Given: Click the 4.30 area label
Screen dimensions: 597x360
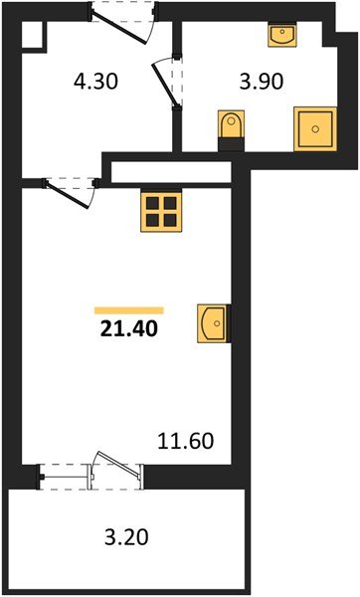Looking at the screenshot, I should point(97,82).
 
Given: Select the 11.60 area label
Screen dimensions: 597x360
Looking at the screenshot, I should point(188,438).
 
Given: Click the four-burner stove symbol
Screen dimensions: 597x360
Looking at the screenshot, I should point(160,210).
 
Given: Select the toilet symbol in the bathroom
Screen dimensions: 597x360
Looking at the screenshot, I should point(231,129).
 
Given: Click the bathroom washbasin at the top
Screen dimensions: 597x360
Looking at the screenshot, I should point(284,38).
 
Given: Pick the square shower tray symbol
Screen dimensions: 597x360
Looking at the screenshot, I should point(314,128).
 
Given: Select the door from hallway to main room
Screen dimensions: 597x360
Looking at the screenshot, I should point(69,191).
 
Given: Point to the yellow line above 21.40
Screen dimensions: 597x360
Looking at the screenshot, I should point(129,309).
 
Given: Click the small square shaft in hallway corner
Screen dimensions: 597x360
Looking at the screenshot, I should point(31,37).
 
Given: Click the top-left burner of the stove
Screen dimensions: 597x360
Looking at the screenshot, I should point(152,202).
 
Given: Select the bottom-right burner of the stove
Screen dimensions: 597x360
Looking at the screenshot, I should point(168,218).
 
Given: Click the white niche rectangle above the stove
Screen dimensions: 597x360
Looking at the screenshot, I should point(173,170).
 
